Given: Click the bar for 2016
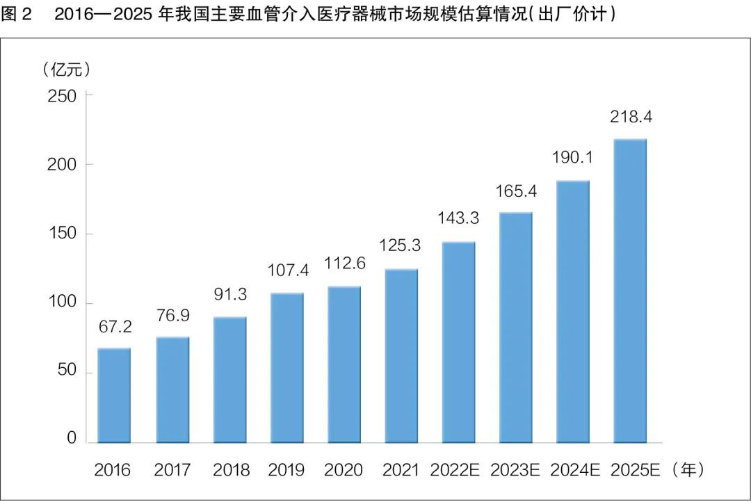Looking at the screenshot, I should (114, 395).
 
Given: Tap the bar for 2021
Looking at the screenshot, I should (401, 355).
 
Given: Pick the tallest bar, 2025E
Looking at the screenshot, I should (630, 291).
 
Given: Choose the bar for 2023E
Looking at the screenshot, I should (516, 327).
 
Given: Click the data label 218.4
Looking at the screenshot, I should (631, 118).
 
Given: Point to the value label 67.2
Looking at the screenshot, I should (114, 327).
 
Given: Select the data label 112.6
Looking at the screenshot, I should (344, 265).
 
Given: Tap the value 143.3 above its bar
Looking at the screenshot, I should (458, 218).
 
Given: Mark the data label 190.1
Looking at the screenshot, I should (573, 159).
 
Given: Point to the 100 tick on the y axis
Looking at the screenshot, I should (61, 304).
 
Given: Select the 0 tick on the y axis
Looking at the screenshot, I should (72, 439).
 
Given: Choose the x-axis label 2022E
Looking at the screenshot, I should (458, 471).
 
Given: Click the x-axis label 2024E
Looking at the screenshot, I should (574, 471).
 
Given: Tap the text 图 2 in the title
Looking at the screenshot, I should (17, 16).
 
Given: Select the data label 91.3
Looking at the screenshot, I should (230, 294).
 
